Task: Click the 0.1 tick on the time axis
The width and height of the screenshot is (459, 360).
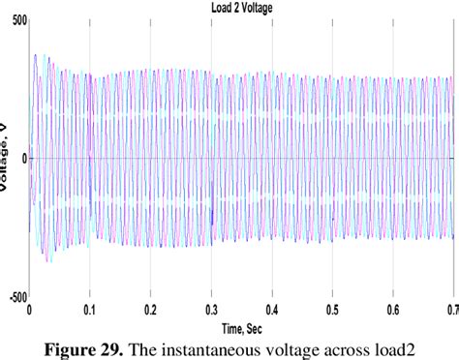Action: tap(90, 310)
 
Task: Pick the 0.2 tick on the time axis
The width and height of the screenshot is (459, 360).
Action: tap(150, 310)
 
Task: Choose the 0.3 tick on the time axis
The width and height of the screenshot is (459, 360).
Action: tap(211, 310)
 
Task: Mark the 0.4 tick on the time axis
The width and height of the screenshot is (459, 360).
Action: tap(271, 310)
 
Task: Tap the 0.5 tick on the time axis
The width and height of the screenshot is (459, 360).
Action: tap(332, 310)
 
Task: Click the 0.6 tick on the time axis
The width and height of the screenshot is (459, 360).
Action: tap(392, 310)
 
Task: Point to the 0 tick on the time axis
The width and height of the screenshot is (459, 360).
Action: tap(30, 310)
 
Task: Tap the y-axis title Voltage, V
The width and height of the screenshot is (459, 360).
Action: tap(8, 160)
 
